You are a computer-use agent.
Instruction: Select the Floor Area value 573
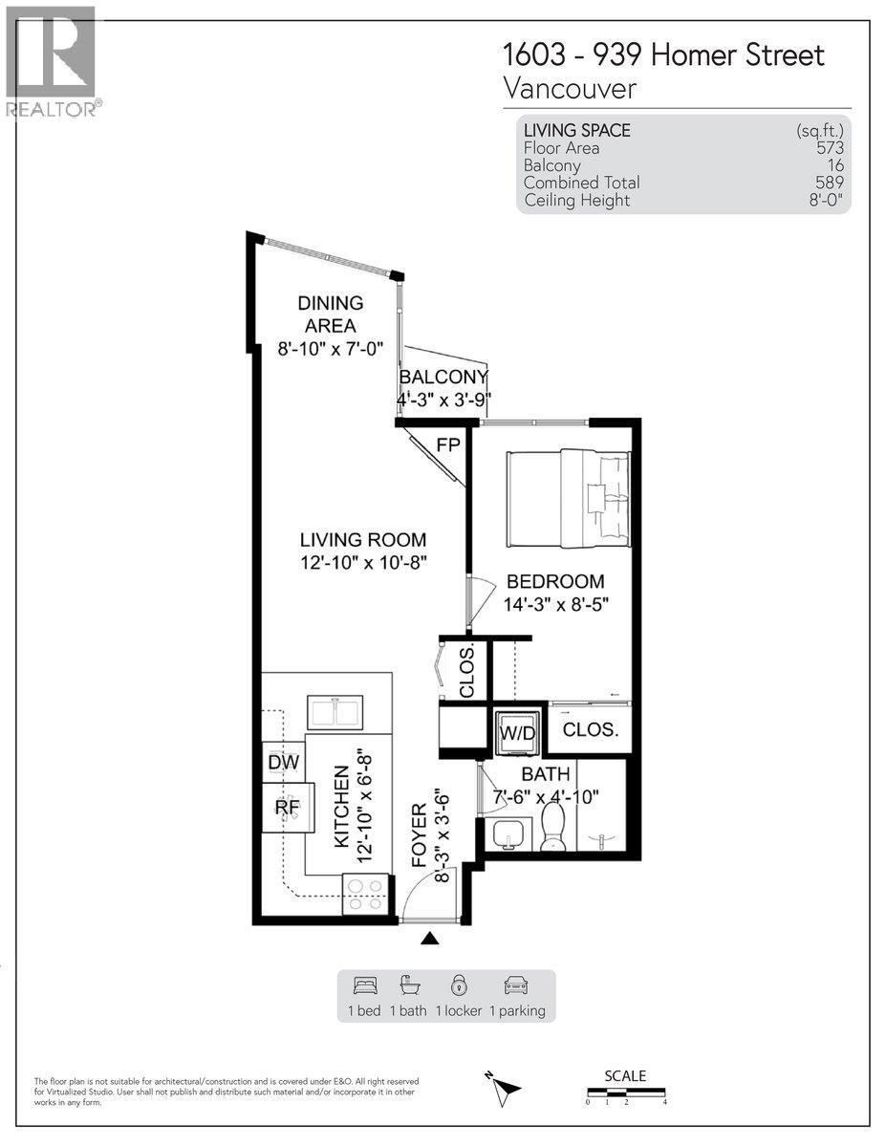(x=829, y=148)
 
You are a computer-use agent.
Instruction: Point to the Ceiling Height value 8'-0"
(x=825, y=200)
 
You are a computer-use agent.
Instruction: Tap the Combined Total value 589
(x=829, y=183)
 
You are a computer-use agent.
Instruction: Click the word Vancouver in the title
(x=570, y=89)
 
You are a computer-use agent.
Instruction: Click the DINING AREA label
(x=330, y=314)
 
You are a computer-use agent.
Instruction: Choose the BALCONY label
(x=443, y=377)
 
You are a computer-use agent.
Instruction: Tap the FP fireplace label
(x=447, y=445)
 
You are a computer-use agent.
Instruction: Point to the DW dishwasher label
(x=284, y=763)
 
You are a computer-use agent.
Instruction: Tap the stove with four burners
(x=366, y=894)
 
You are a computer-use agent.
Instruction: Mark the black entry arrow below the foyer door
(x=430, y=939)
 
